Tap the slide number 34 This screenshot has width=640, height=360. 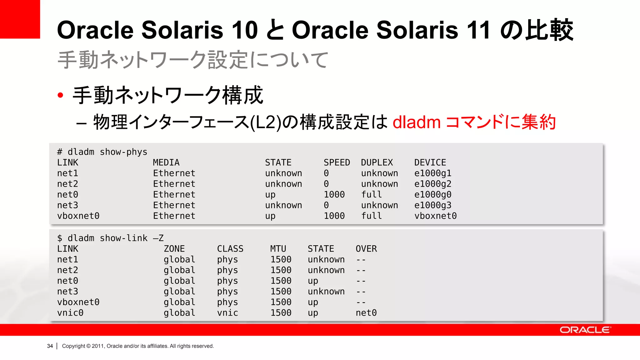point(50,346)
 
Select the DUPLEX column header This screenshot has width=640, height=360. point(377,162)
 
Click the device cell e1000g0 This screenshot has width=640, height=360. point(433,194)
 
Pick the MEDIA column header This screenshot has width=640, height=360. point(166,162)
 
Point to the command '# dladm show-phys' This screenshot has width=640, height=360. point(102,152)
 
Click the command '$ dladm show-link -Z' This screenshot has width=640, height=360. point(110,238)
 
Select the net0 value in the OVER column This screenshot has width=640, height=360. point(366,312)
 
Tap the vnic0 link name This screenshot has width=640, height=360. point(70,312)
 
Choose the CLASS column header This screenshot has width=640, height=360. point(230,249)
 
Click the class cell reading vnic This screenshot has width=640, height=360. point(227,312)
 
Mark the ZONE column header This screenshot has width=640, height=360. point(174,249)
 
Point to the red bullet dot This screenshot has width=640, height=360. point(61,95)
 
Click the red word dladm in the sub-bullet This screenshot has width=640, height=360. point(417,122)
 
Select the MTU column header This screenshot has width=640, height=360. point(278,249)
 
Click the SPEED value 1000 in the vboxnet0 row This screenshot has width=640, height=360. point(334,216)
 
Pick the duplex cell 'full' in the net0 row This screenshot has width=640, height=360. point(372,194)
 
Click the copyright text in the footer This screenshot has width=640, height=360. point(138,346)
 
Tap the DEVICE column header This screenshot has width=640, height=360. point(430,162)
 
